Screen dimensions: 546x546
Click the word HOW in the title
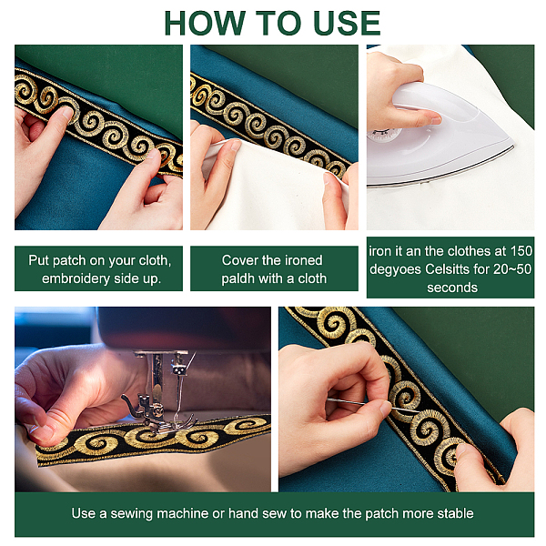[x=205, y=23]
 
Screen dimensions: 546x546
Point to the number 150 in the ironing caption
[x=521, y=251]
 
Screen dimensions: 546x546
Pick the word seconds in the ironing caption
[x=452, y=288]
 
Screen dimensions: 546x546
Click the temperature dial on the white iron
[x=383, y=135]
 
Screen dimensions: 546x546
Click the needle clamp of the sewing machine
[x=178, y=369]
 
